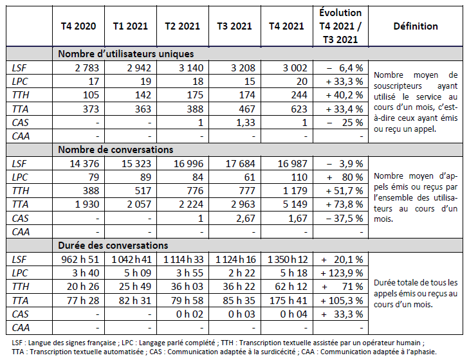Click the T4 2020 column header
[78, 26]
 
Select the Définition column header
[415, 26]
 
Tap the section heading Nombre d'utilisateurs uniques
[125, 54]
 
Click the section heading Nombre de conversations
[115, 149]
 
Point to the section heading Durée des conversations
[113, 246]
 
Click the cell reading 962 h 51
[78, 259]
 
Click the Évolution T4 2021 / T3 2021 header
[340, 26]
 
